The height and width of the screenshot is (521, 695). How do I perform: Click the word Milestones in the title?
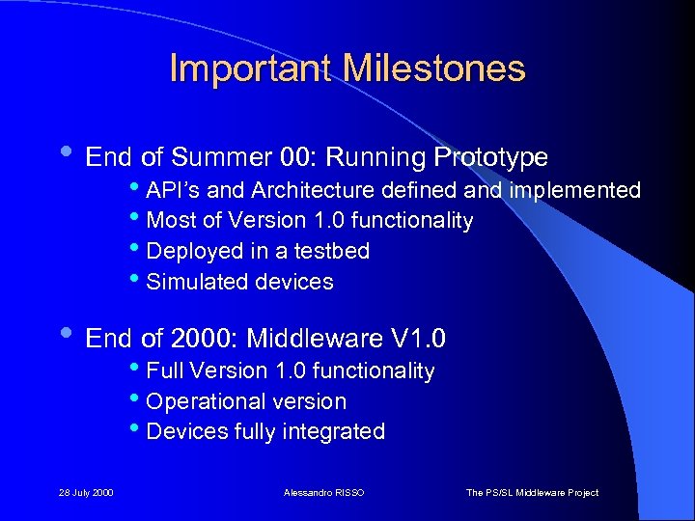pos(434,69)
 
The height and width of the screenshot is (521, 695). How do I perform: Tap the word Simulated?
pos(195,282)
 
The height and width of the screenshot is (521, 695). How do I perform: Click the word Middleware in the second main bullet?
pos(315,339)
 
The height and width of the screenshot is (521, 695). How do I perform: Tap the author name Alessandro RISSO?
pos(324,492)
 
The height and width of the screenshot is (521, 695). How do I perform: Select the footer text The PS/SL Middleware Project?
pos(532,492)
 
